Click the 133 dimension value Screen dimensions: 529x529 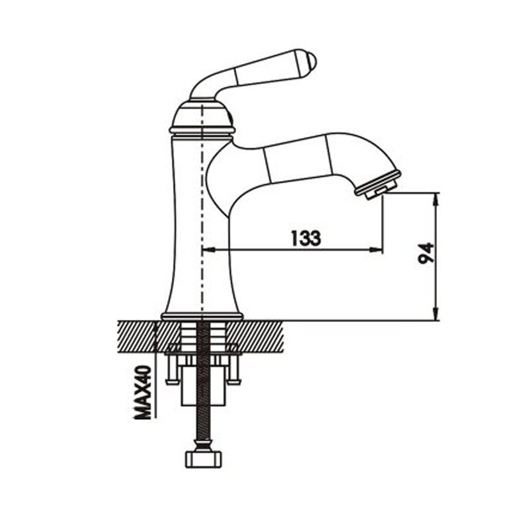point(305,238)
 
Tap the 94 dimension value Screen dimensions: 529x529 point(426,253)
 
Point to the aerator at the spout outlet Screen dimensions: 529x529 point(378,185)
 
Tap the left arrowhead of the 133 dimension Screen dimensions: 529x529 point(208,250)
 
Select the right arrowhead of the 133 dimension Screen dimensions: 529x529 point(376,250)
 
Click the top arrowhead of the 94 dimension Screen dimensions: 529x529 point(436,200)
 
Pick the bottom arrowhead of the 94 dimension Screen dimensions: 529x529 point(436,313)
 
